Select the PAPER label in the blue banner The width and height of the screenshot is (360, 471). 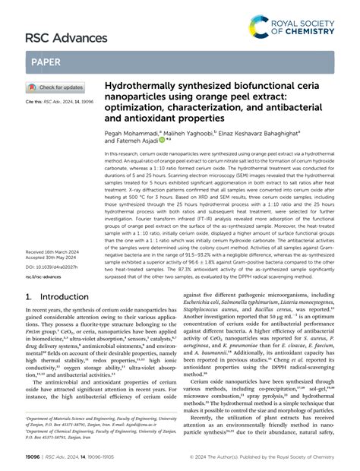pos(47,62)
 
